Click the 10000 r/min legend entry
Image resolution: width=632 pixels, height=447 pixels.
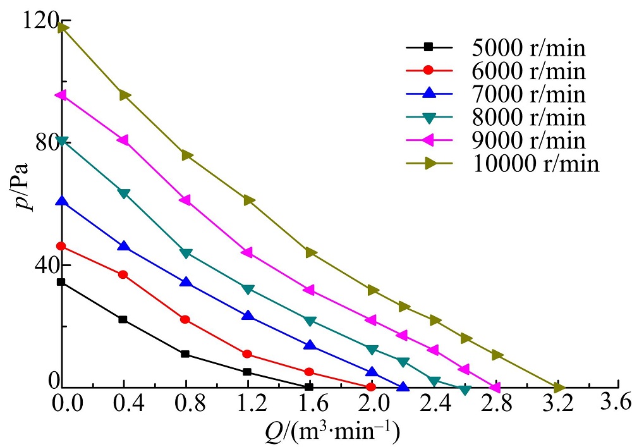pos(535,164)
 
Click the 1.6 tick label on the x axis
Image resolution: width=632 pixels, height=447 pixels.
pos(310,403)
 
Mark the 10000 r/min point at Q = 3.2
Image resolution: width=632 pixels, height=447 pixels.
pos(559,387)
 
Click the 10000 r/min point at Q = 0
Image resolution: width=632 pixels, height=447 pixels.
pos(62,27)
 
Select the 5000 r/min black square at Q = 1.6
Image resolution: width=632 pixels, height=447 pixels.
pos(309,386)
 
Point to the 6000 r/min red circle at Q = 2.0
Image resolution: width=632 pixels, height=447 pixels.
pos(371,386)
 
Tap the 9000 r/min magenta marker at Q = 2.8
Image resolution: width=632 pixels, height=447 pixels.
pos(495,387)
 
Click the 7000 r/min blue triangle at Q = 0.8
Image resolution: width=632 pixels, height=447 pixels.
pos(186,282)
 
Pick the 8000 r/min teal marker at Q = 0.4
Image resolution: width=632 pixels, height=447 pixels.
pos(124,193)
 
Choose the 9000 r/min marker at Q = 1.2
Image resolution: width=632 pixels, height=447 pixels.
pos(247,252)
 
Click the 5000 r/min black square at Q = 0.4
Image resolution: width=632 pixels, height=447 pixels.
pos(123,319)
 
